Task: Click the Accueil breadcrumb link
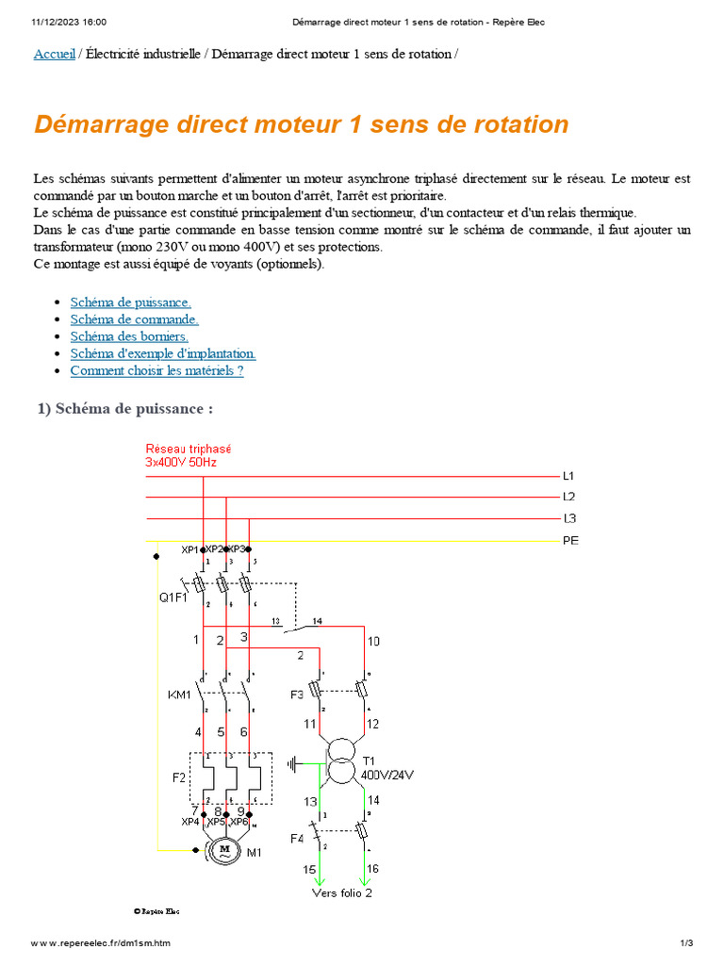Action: [x=54, y=54]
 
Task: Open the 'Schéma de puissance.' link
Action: [x=131, y=303]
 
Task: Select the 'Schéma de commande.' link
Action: [x=134, y=319]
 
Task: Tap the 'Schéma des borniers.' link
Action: [x=129, y=336]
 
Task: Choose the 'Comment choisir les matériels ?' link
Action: [x=156, y=370]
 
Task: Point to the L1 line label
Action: [x=568, y=477]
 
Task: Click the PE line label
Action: [x=570, y=541]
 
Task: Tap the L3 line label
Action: [x=569, y=518]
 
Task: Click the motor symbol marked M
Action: [x=224, y=850]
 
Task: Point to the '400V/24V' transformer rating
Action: [x=387, y=775]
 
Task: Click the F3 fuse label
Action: [x=297, y=695]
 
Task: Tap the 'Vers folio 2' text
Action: [x=341, y=892]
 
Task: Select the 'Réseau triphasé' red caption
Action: [x=189, y=450]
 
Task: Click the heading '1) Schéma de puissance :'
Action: [x=125, y=409]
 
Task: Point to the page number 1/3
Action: [x=686, y=943]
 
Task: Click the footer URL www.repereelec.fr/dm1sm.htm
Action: [x=101, y=943]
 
